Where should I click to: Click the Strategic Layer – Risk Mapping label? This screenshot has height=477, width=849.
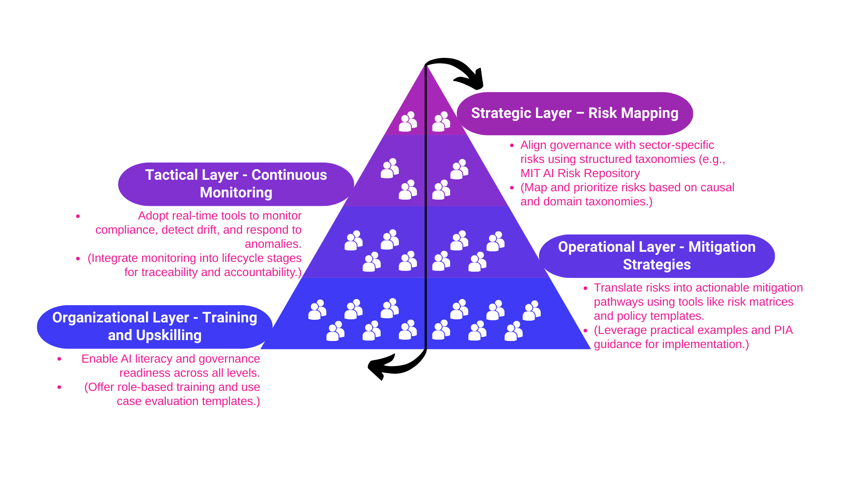(x=574, y=113)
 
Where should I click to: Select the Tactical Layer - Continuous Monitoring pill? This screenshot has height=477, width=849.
(x=236, y=184)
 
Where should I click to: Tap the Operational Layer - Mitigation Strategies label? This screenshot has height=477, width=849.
(x=657, y=256)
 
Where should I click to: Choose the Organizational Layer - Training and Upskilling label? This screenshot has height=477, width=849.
(x=154, y=326)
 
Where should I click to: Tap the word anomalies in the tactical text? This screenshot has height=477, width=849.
(x=272, y=244)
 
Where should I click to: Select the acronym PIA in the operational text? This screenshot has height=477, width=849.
(x=783, y=330)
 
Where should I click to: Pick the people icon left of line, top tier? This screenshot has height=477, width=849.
(x=408, y=121)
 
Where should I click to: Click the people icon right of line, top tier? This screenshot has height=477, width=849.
(x=441, y=121)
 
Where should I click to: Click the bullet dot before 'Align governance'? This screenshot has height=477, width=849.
(x=512, y=145)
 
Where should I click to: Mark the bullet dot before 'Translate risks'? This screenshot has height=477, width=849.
(x=585, y=288)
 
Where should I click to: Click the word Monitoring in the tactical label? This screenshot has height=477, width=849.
(x=236, y=193)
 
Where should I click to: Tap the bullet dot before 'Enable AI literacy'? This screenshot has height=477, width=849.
(x=59, y=359)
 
